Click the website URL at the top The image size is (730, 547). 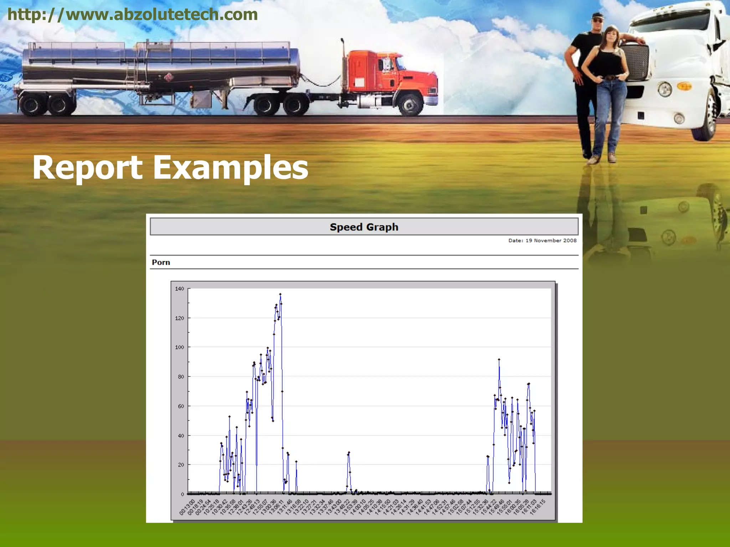pyautogui.click(x=132, y=14)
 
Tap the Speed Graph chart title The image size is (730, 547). pyautogui.click(x=364, y=227)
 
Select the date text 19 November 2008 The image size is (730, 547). pyautogui.click(x=551, y=240)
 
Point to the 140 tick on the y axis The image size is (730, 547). pyautogui.click(x=180, y=288)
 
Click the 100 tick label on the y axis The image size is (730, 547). pyautogui.click(x=180, y=347)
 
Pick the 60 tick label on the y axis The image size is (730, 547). pyautogui.click(x=181, y=406)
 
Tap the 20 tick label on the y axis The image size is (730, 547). pyautogui.click(x=181, y=465)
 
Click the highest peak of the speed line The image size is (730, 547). pyautogui.click(x=280, y=295)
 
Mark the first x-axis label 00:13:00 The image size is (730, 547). pyautogui.click(x=187, y=507)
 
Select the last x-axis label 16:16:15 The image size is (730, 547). pyautogui.click(x=538, y=507)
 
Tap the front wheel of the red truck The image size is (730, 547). pyautogui.click(x=410, y=104)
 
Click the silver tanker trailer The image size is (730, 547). pyautogui.click(x=160, y=64)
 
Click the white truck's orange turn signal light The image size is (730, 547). pyautogui.click(x=684, y=86)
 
